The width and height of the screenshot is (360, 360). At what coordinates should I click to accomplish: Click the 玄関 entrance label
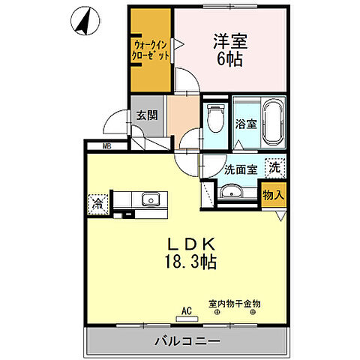[145, 115]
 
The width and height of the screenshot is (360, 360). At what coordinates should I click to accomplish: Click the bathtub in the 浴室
[271, 122]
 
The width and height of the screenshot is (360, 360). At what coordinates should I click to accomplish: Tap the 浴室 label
[245, 124]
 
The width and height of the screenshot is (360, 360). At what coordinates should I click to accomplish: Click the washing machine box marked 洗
[275, 169]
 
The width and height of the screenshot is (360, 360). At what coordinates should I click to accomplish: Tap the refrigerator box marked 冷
[98, 202]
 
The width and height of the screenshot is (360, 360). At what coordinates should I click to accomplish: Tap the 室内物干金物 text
[234, 303]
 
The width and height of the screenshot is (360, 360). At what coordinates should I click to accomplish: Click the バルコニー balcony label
[187, 341]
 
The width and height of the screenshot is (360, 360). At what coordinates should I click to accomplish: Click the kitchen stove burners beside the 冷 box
[122, 199]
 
